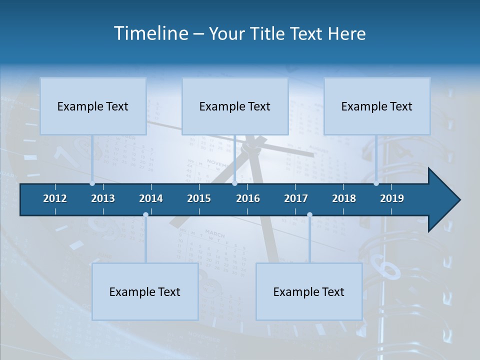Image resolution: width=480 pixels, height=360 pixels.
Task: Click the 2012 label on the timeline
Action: (55, 198)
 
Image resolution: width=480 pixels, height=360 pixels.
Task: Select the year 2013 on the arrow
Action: (103, 198)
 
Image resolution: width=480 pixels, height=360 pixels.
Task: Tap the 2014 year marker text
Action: (151, 198)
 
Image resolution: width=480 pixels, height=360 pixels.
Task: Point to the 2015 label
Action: (199, 198)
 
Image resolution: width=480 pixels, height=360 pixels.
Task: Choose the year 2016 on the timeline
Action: (248, 198)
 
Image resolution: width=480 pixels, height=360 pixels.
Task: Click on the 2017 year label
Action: (296, 198)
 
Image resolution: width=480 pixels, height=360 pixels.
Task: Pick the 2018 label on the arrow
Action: (344, 198)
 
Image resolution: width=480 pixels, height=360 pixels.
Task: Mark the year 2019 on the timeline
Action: (392, 198)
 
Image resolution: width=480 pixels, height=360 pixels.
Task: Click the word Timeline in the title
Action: (150, 33)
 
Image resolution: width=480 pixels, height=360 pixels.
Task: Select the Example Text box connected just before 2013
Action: (93, 106)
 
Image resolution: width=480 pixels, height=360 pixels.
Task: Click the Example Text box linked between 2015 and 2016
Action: (235, 106)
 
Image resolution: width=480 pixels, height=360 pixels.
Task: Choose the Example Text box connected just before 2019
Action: (377, 106)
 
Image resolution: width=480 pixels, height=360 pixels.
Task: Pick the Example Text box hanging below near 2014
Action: (145, 291)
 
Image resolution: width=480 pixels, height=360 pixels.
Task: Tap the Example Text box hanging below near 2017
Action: (309, 291)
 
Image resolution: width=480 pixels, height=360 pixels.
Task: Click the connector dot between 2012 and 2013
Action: (92, 183)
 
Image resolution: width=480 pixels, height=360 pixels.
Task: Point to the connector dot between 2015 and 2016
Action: (234, 183)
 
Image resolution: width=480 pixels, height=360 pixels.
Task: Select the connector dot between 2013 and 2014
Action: (145, 215)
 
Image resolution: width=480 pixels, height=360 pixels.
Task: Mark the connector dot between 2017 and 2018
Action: (309, 215)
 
